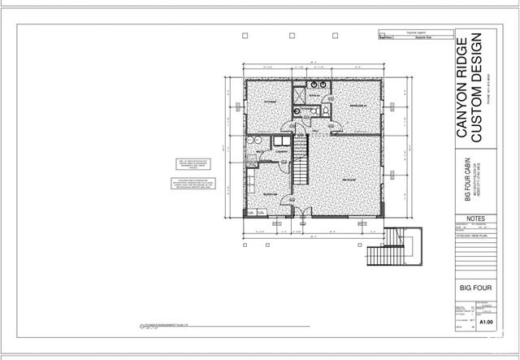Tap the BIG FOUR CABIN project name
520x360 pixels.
[x=464, y=183]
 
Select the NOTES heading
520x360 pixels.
[x=475, y=219]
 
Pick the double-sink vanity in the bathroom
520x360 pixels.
[x=314, y=86]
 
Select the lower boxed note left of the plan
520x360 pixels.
[x=193, y=184]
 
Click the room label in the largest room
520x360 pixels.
[x=350, y=178]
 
